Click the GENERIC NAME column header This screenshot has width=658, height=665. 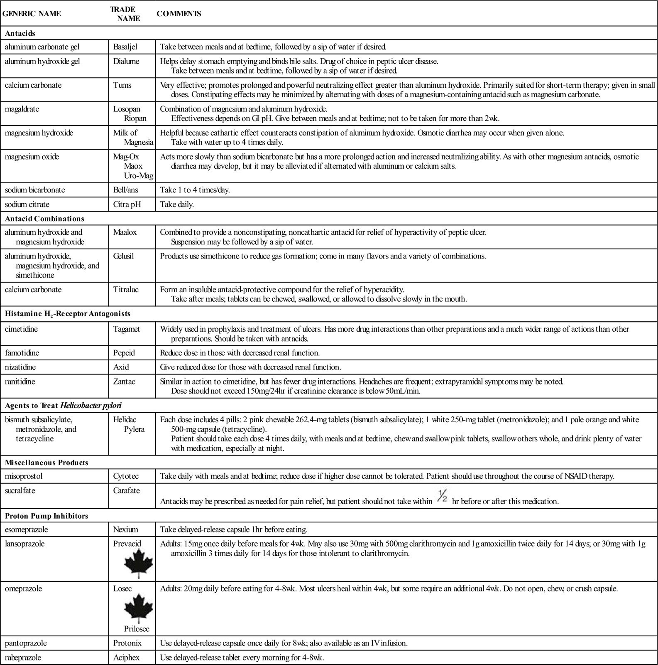tap(32, 14)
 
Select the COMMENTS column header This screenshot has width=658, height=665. tap(179, 14)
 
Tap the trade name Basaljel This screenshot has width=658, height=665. tap(125, 47)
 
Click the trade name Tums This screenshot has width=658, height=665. tap(122, 85)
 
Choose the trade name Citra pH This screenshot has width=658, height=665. tap(127, 204)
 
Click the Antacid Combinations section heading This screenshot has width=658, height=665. tap(44, 219)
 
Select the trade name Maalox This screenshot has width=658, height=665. tap(125, 232)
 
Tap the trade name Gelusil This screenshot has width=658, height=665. tap(123, 256)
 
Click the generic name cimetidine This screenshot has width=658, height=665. tap(21, 329)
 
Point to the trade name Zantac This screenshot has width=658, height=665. tap(124, 382)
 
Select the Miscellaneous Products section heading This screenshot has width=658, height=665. tap(46, 463)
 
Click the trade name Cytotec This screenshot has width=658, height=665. tap(126, 476)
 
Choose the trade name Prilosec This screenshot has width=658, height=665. tap(137, 629)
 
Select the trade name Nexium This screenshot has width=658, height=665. tap(125, 530)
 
